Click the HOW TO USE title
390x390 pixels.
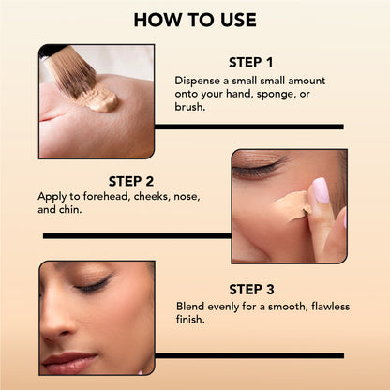pyautogui.click(x=195, y=20)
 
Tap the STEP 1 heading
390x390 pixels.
pyautogui.click(x=250, y=63)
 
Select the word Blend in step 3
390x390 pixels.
pyautogui.click(x=192, y=306)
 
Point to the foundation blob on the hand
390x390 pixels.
pyautogui.click(x=99, y=99)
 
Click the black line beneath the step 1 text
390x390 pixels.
pyautogui.click(x=248, y=126)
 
